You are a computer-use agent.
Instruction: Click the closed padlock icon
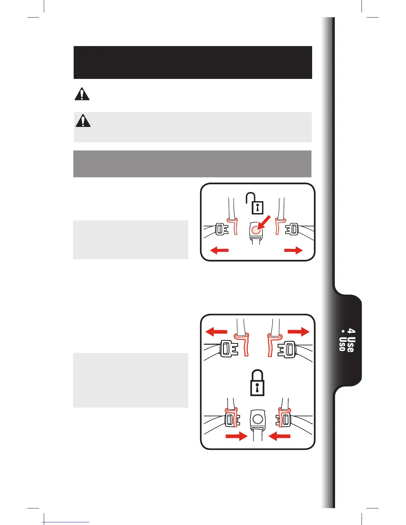[257, 383]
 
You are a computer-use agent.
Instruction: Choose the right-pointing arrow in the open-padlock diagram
[294, 250]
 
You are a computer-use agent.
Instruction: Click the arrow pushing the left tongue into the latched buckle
[236, 437]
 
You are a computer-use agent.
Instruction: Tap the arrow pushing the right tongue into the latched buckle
[279, 437]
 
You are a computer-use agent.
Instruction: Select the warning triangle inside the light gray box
[83, 121]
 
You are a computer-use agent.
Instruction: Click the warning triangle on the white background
[82, 94]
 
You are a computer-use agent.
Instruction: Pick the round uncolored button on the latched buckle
[257, 419]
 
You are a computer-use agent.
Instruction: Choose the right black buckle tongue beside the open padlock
[292, 229]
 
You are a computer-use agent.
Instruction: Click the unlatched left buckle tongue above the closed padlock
[229, 349]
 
